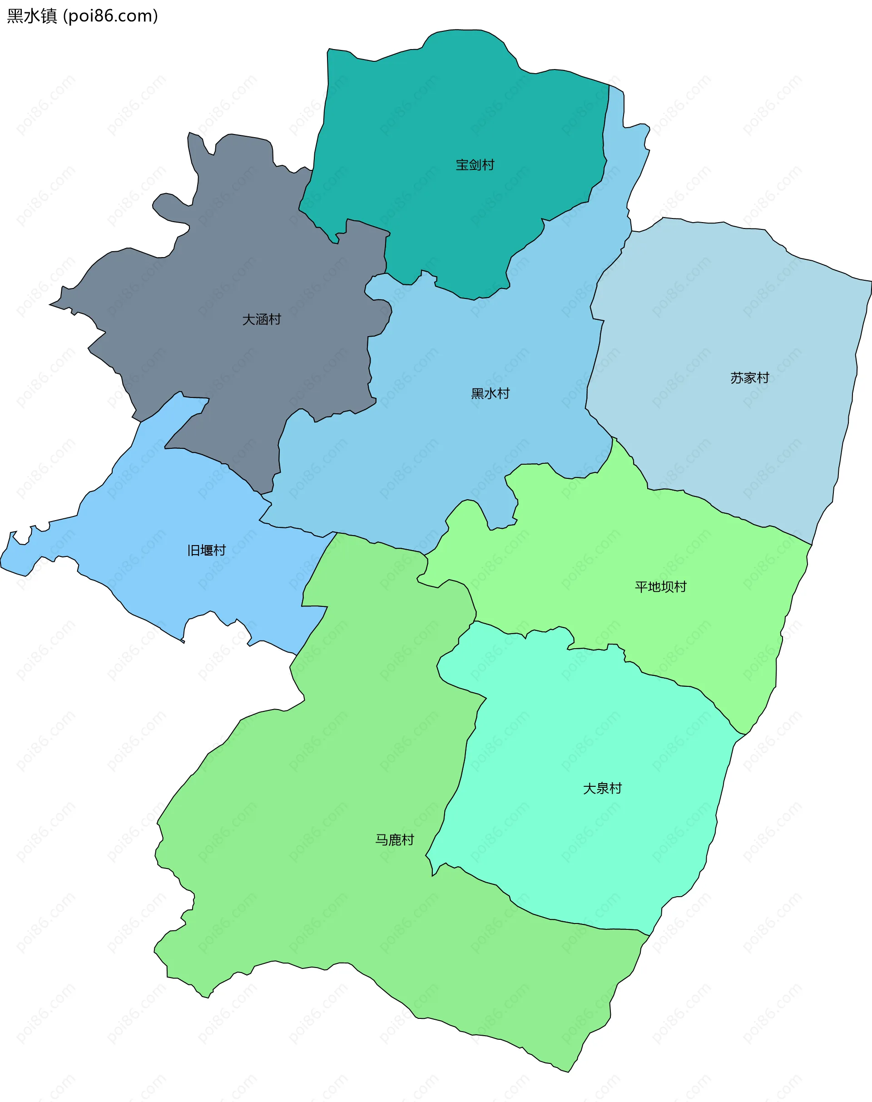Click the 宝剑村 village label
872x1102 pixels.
pos(475,165)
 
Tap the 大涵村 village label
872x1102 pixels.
pos(262,320)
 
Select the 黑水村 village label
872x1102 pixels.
pos(490,393)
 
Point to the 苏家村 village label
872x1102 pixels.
pos(749,378)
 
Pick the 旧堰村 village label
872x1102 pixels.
pos(206,550)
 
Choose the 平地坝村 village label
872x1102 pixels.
pos(661,587)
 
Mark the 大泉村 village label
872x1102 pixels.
pos(602,789)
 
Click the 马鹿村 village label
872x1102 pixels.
pos(395,840)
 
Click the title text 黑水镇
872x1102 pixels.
pos(32,16)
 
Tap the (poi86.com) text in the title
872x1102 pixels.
pos(110,16)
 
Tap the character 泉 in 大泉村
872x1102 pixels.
pos(602,789)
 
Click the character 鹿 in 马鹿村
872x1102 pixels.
pos(395,840)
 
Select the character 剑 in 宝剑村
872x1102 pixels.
pos(475,165)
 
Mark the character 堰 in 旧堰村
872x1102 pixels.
pos(207,550)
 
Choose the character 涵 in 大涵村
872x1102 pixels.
pos(262,320)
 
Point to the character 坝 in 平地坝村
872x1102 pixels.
pos(667,587)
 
